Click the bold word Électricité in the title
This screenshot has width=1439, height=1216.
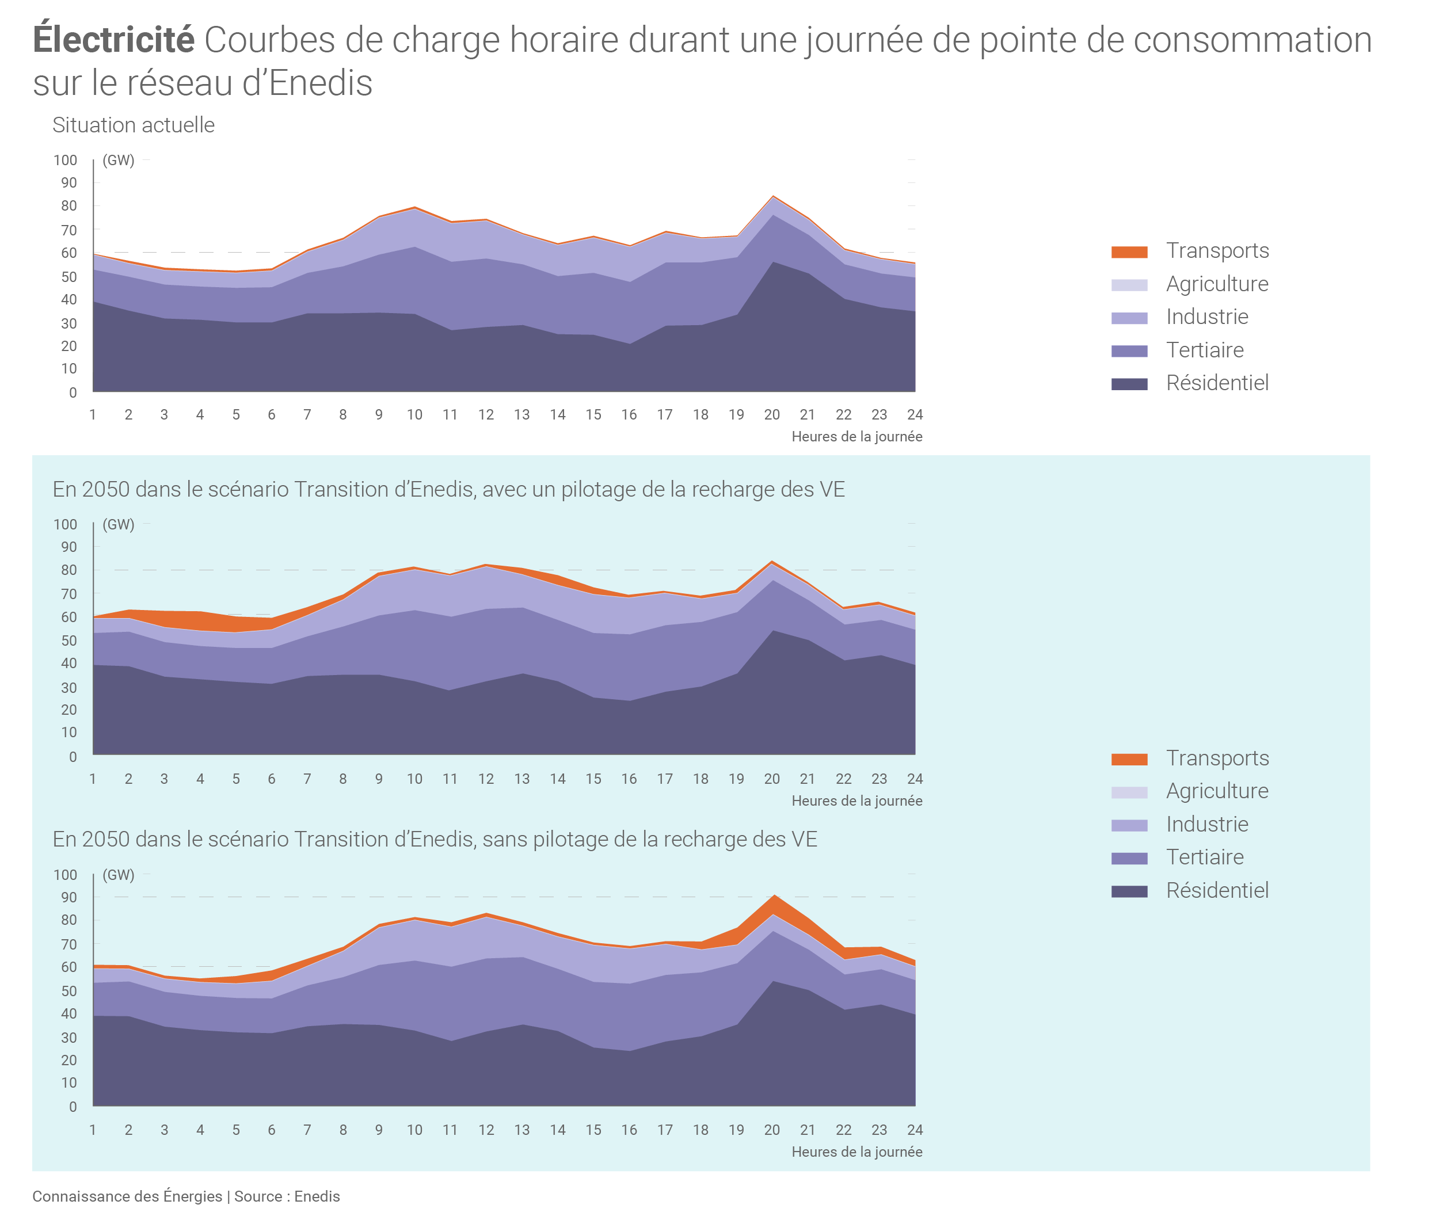[114, 40]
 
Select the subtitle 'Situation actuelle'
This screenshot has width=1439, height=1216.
[133, 125]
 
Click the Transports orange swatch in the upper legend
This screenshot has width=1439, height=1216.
[1129, 251]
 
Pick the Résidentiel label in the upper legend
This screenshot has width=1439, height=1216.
[1217, 383]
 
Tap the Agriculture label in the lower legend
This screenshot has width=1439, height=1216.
[1217, 791]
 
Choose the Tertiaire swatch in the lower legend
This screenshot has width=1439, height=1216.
[1129, 858]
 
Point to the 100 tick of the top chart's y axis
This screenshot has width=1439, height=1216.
[66, 161]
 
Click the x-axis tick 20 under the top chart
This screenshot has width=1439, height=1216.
[771, 415]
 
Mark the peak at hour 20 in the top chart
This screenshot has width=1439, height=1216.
[773, 197]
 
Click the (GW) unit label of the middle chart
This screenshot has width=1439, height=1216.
[119, 525]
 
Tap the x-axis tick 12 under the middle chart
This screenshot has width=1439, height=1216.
[486, 779]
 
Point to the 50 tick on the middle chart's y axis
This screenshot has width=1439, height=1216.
[68, 641]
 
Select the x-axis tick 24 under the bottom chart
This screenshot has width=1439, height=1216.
[914, 1130]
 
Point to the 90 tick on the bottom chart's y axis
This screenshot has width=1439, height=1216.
[68, 898]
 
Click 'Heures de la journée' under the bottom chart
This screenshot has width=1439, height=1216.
[856, 1152]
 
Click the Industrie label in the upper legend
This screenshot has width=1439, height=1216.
[1206, 317]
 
